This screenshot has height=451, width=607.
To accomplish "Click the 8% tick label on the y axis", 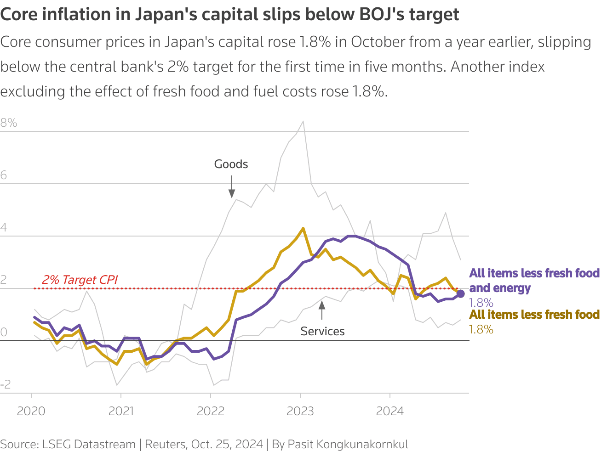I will [x=9, y=123].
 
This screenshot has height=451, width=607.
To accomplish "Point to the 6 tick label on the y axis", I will [x=4, y=175].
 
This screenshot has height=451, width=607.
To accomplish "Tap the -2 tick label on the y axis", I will [x=6, y=384].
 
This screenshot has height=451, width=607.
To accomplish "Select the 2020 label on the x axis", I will [x=31, y=411].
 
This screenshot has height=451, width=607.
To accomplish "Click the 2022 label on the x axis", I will [x=211, y=411].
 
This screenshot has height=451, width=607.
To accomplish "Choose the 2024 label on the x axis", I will [x=390, y=411].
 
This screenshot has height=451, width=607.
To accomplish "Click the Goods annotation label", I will [x=231, y=164].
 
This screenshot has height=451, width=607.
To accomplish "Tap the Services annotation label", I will [x=322, y=331].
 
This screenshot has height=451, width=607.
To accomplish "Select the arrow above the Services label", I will [x=322, y=310].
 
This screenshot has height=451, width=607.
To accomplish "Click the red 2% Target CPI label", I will [x=80, y=280].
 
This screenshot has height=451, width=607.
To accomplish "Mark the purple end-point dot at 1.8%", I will [x=460, y=294].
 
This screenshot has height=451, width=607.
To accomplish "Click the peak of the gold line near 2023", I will [x=303, y=228].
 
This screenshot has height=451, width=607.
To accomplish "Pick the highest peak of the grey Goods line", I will [x=303, y=121].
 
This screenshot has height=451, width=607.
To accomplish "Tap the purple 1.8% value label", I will [x=481, y=303].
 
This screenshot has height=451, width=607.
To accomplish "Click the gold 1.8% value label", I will [x=481, y=329].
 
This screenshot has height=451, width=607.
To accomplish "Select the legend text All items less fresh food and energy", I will [x=534, y=280].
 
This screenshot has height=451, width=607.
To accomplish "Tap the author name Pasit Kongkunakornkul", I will [x=348, y=444].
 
